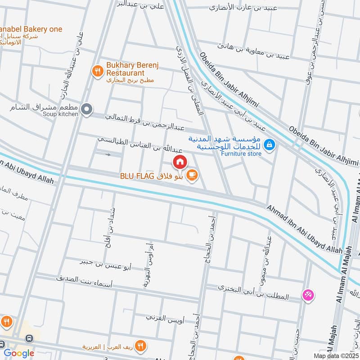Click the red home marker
coord(180,162)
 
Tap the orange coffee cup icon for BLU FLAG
coord(192,175)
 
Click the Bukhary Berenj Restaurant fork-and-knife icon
coord(97,71)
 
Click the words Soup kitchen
coord(61,114)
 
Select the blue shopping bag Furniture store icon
coord(269,144)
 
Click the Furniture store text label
coord(241,153)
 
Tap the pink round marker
coord(309,295)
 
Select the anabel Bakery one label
coord(31,29)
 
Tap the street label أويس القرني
coord(163,317)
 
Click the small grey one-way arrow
coord(108,155)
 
